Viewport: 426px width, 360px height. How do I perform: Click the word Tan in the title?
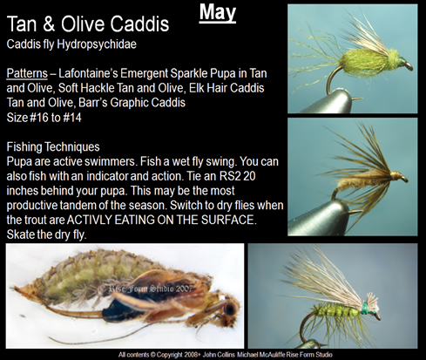click(x=25, y=24)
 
